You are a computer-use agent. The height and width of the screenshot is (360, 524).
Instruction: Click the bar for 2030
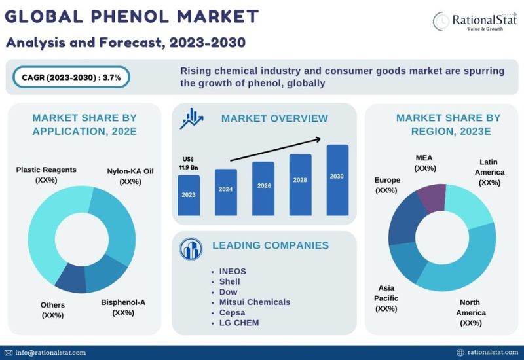(337, 180)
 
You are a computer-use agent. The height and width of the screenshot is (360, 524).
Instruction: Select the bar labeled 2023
(189, 195)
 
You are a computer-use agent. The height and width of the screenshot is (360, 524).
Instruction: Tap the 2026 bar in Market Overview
(263, 189)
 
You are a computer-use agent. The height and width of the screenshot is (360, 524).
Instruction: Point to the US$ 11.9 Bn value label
(189, 163)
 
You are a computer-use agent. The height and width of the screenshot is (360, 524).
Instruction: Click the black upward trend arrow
(275, 150)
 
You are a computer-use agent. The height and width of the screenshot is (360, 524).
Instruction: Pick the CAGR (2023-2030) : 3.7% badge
(71, 77)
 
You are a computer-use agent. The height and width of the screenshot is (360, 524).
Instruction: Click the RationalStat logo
(475, 22)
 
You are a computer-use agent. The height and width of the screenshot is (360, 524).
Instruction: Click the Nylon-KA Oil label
(130, 176)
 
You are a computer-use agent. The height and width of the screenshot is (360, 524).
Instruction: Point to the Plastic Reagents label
(46, 175)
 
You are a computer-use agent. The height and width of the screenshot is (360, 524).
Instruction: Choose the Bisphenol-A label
(123, 308)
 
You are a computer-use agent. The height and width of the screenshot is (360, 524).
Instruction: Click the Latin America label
(489, 172)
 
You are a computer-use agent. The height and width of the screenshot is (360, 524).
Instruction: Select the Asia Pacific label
(386, 298)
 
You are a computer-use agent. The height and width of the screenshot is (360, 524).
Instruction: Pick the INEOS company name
(233, 271)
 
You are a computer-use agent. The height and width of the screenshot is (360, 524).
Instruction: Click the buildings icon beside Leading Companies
(191, 249)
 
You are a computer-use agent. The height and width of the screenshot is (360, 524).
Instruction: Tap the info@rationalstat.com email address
(50, 353)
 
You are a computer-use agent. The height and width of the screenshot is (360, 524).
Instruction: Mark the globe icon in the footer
(460, 352)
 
